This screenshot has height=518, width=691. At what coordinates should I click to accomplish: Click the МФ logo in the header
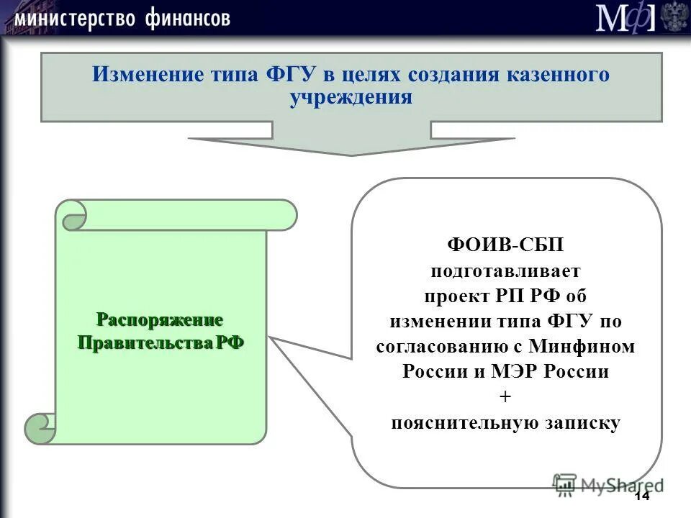(x=625, y=17)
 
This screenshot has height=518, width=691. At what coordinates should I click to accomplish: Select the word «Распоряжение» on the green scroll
(x=161, y=319)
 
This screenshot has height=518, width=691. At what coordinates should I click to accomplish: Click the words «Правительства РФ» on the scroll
(x=161, y=342)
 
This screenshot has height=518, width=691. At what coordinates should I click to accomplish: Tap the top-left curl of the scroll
(x=72, y=215)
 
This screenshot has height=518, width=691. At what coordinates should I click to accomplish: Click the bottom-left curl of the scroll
(x=40, y=428)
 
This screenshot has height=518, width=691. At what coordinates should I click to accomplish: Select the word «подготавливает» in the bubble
(x=505, y=271)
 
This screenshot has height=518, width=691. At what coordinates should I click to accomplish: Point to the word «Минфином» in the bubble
(x=582, y=347)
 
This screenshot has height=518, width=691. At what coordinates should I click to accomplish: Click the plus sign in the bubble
(x=505, y=397)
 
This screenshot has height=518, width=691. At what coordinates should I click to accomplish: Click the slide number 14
(x=641, y=497)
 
